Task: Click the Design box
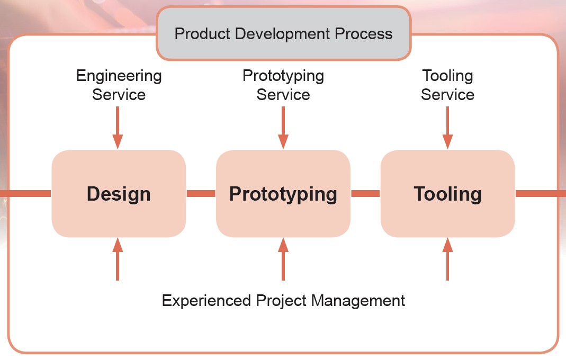coord(119,194)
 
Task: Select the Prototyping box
coord(283,194)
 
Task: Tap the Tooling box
coord(447,194)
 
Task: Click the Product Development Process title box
coord(284,33)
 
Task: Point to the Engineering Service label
coord(119,85)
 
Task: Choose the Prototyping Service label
coord(283,85)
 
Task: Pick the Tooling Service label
coord(447,85)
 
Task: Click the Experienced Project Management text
coord(283,300)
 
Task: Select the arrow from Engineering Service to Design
coord(118,128)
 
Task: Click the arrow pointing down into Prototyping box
coord(283,128)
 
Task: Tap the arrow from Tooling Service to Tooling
coord(447,128)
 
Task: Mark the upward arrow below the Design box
coord(118,259)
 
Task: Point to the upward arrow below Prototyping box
coord(283,259)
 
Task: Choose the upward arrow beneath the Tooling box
coord(447,259)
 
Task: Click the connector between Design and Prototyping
coord(201,194)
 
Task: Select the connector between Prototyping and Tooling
coord(365,194)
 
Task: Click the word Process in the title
coord(364,33)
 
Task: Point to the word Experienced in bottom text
coord(206,301)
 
